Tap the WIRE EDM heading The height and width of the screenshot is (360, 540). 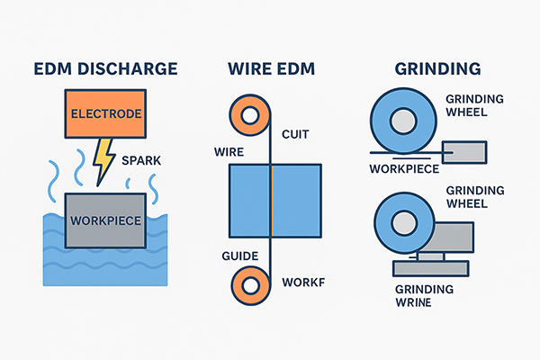tap(271, 70)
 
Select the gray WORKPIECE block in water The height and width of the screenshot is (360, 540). tap(104, 219)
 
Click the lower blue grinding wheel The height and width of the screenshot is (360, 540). tap(401, 226)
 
